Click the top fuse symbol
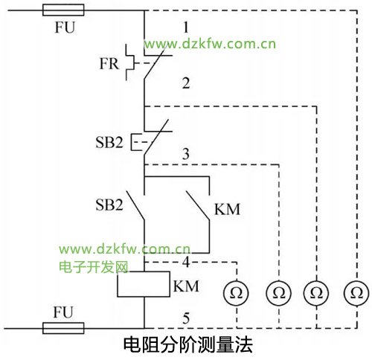(63, 10)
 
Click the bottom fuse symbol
(63, 328)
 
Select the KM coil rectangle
(144, 284)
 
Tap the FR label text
(109, 63)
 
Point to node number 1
(186, 28)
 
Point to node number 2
(186, 83)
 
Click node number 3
(186, 154)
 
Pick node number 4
(186, 262)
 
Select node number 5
(186, 318)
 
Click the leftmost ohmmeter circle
(236, 293)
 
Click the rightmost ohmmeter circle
(356, 293)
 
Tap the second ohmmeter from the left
(279, 293)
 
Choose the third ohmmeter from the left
(316, 293)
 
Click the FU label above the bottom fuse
(63, 312)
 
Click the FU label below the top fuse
(65, 28)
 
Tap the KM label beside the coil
(186, 286)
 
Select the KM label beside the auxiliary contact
(227, 209)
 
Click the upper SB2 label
(109, 143)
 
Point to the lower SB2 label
(109, 205)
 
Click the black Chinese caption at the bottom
(188, 345)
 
